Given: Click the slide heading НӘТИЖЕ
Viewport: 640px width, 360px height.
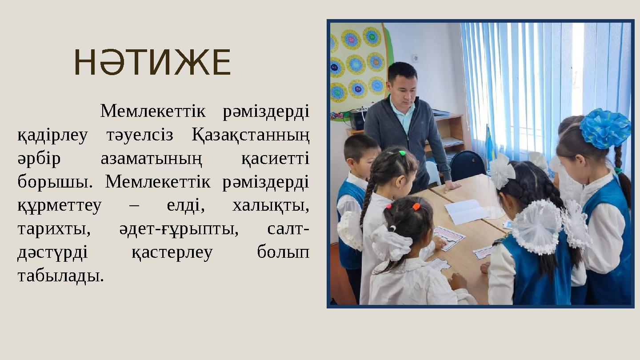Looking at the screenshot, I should coord(152,63).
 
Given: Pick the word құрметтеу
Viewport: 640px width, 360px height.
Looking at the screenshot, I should coord(60,206).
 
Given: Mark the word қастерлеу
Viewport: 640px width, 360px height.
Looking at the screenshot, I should coord(172,252).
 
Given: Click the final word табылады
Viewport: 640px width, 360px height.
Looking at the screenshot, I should coord(60,276).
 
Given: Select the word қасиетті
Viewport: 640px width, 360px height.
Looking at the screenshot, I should coord(275,159).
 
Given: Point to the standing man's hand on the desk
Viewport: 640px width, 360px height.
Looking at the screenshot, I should coord(452,185).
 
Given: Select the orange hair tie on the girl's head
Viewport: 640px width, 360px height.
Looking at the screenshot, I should coord(416,207).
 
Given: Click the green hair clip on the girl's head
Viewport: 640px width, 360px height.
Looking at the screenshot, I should coord(402,153).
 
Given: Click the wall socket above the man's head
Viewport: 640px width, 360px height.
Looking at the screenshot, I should coord(415,58).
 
